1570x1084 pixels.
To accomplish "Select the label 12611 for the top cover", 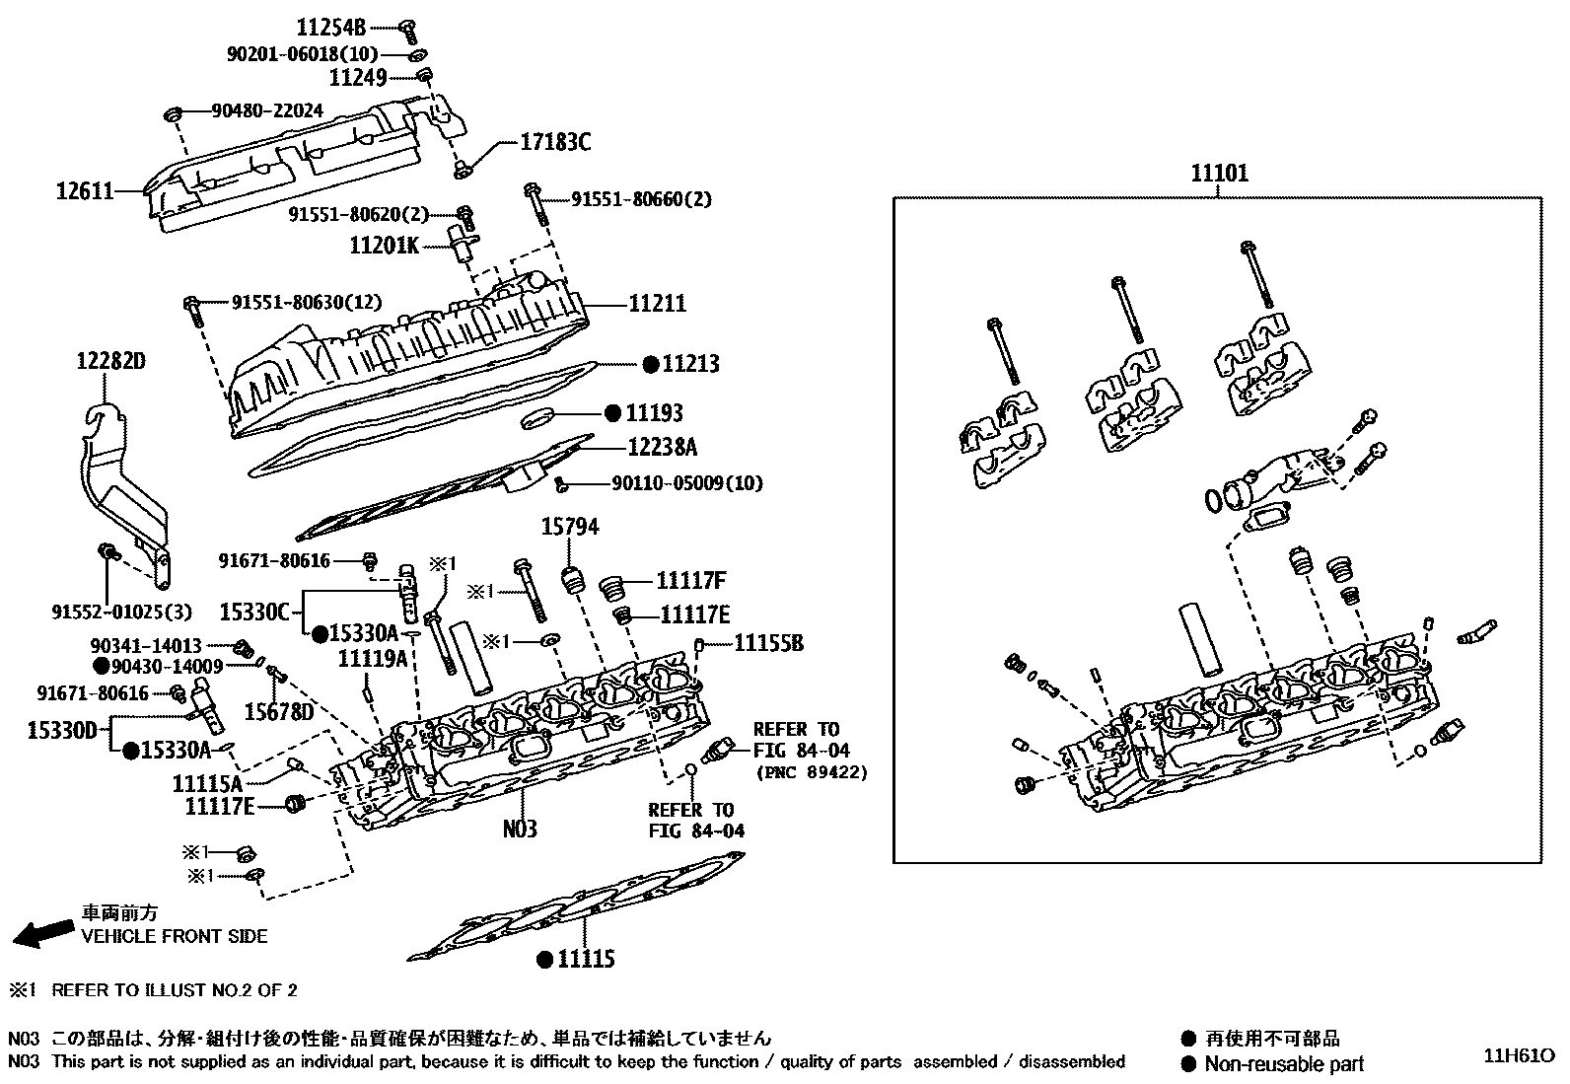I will [x=84, y=190].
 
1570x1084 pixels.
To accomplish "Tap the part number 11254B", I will [x=331, y=26].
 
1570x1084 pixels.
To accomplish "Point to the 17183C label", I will [x=555, y=143].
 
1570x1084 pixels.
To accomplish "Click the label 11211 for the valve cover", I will [x=658, y=304].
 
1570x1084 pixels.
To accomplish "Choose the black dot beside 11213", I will [x=650, y=364].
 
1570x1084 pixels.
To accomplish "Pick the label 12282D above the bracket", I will [x=111, y=361].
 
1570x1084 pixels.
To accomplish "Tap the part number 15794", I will [x=569, y=528].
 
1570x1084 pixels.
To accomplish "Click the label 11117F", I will [x=691, y=581].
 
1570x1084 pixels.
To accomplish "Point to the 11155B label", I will [x=768, y=644].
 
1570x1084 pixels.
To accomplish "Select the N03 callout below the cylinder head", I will [x=520, y=829].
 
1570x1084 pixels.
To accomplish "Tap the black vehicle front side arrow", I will [x=44, y=933].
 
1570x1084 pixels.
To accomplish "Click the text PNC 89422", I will [x=811, y=772].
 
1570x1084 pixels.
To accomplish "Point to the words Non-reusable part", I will [x=1285, y=1064].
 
